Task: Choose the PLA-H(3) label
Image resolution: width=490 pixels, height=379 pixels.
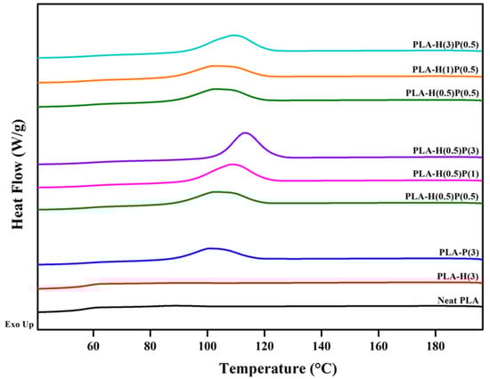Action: coord(456,276)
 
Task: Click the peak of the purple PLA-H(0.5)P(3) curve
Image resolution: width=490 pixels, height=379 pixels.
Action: coord(245,133)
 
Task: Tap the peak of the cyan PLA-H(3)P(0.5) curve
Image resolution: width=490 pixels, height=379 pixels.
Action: coord(233,36)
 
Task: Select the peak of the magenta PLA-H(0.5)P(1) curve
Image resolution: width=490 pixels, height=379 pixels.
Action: coord(233,165)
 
